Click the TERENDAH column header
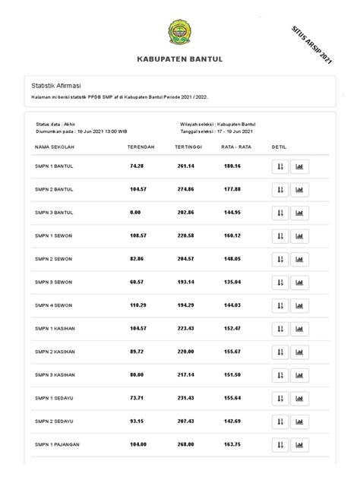pos(141,146)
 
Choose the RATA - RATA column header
pos(236,146)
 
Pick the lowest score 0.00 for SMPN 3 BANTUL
pos(136,212)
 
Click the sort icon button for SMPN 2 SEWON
pos(280,259)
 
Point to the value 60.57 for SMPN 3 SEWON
pos(137,282)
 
